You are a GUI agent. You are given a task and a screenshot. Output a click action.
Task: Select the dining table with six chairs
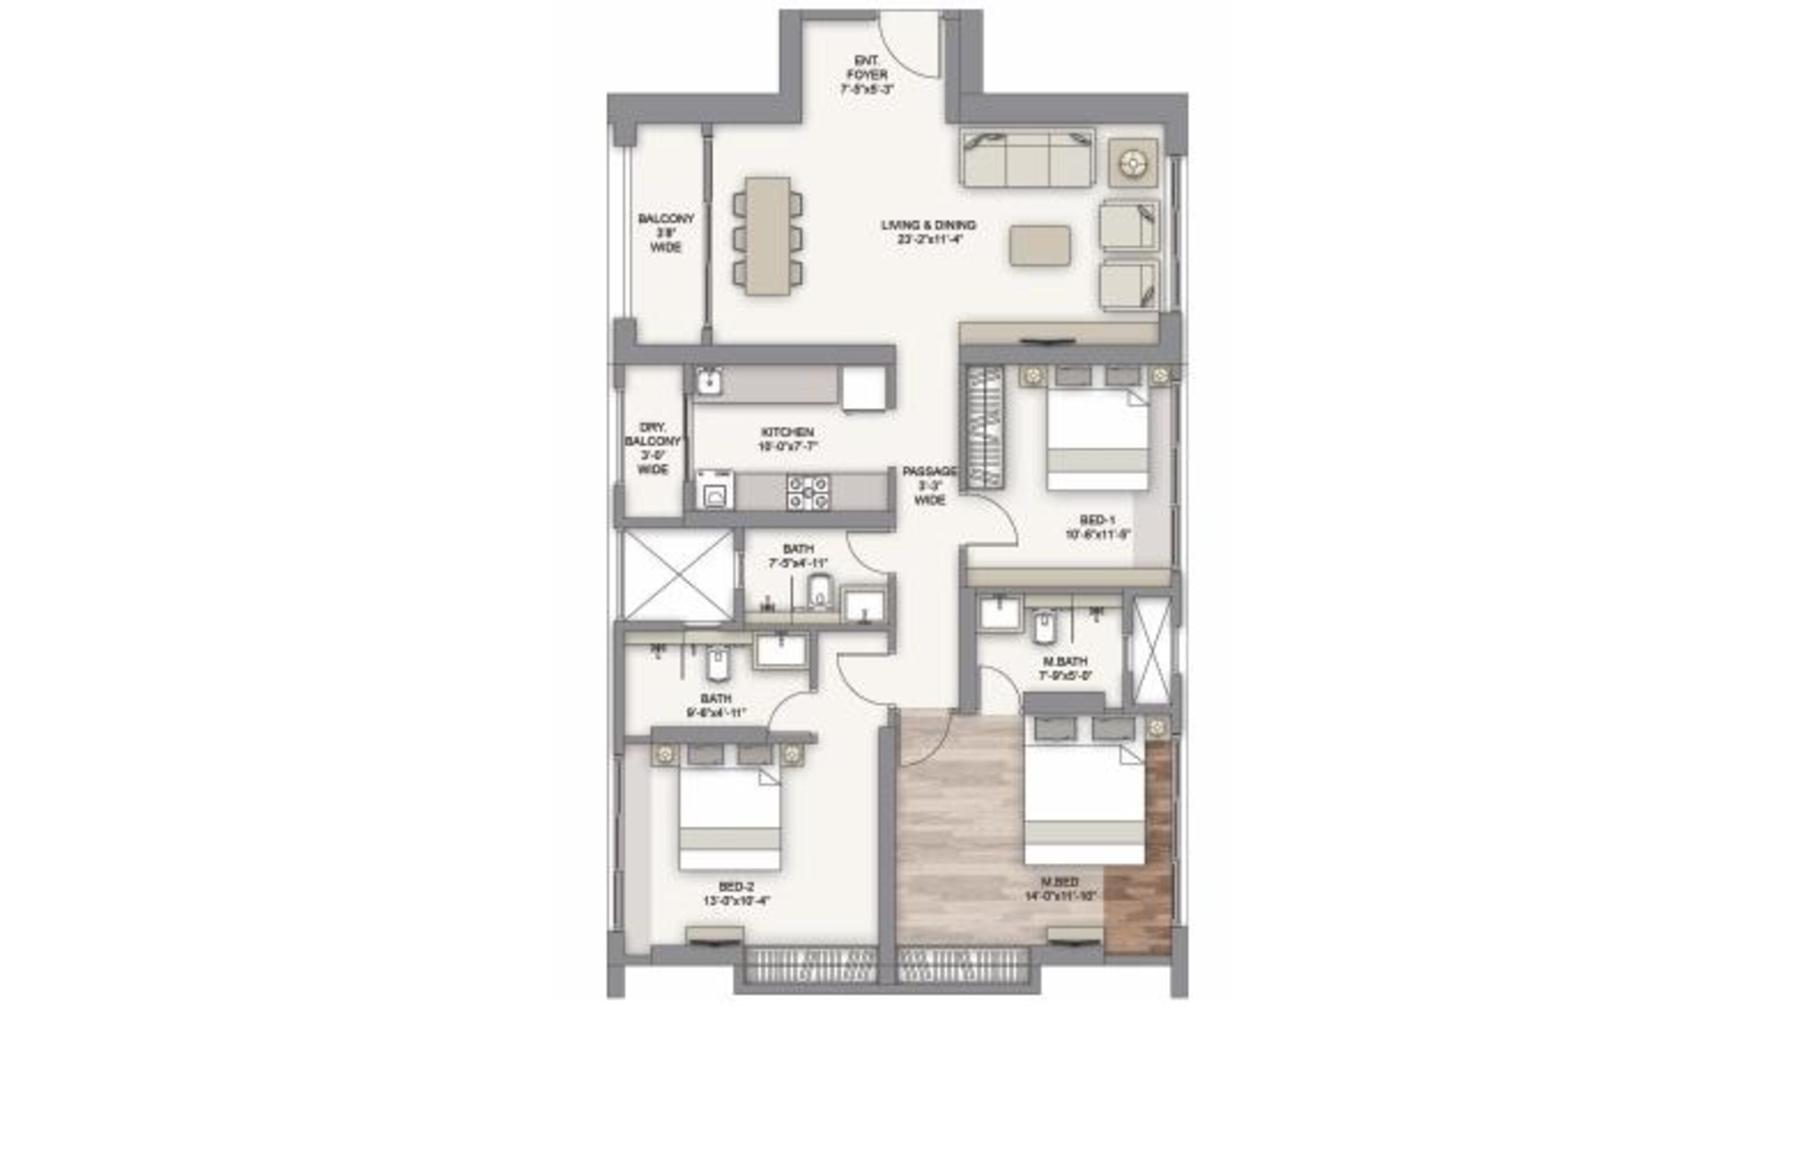pos(768,236)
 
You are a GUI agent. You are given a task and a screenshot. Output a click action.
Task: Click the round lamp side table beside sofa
pos(1132,163)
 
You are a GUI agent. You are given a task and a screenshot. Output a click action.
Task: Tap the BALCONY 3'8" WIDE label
pos(666,232)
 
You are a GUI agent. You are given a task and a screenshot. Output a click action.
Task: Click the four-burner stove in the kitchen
pos(808,492)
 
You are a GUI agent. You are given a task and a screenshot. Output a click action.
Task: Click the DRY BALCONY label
pos(652,448)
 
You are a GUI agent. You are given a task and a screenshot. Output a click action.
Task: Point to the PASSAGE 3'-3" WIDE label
pos(929,485)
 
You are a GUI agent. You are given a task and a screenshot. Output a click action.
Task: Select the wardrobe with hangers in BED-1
pos(985,427)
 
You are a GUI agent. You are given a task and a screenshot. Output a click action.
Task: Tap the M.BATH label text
pos(1064,667)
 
